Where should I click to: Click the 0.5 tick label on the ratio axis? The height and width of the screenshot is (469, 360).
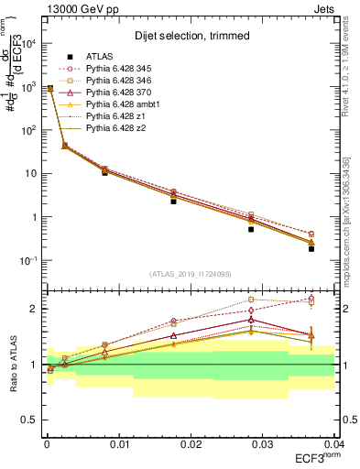(x=29, y=420)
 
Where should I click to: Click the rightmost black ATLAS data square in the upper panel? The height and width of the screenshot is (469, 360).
(x=311, y=248)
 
